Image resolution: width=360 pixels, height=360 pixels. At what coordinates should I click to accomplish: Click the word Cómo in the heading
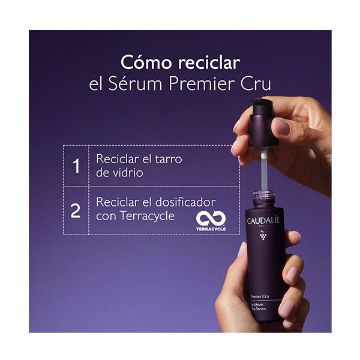146,62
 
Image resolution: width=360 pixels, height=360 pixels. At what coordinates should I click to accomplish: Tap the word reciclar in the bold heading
209,62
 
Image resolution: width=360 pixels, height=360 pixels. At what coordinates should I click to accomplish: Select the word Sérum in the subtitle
136,84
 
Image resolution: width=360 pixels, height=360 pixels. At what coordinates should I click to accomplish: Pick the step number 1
76,166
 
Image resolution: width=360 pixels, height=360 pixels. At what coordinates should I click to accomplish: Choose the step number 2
76,211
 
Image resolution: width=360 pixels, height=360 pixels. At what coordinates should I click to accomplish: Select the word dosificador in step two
185,202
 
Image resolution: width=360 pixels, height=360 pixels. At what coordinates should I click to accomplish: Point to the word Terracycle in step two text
147,216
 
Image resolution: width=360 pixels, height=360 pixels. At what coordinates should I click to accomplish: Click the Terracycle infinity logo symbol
211,218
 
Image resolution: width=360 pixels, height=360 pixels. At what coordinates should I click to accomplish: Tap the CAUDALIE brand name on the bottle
263,221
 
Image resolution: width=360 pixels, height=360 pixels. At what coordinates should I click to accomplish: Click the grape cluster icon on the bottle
263,236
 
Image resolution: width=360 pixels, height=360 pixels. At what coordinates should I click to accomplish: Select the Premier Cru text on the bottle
260,296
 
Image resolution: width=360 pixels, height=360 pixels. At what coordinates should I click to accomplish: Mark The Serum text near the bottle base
259,309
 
